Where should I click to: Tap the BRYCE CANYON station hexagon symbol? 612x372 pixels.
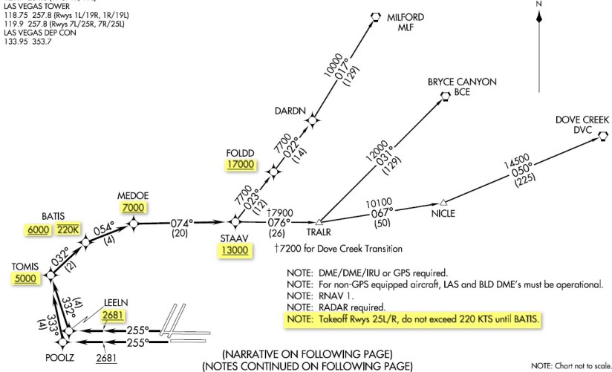445,95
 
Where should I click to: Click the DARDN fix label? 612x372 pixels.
292,111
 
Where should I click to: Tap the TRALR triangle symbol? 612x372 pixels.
319,221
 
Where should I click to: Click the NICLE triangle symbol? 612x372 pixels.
443,202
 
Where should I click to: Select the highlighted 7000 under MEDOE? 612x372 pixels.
134,207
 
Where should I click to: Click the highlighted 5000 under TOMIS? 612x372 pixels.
24,278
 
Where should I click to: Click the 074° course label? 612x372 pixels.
182,221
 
